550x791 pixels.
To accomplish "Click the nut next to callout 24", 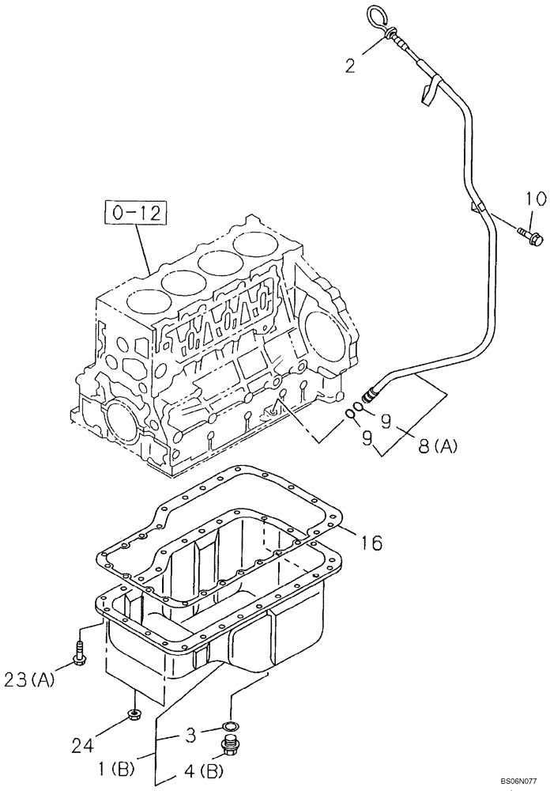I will [134, 718].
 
